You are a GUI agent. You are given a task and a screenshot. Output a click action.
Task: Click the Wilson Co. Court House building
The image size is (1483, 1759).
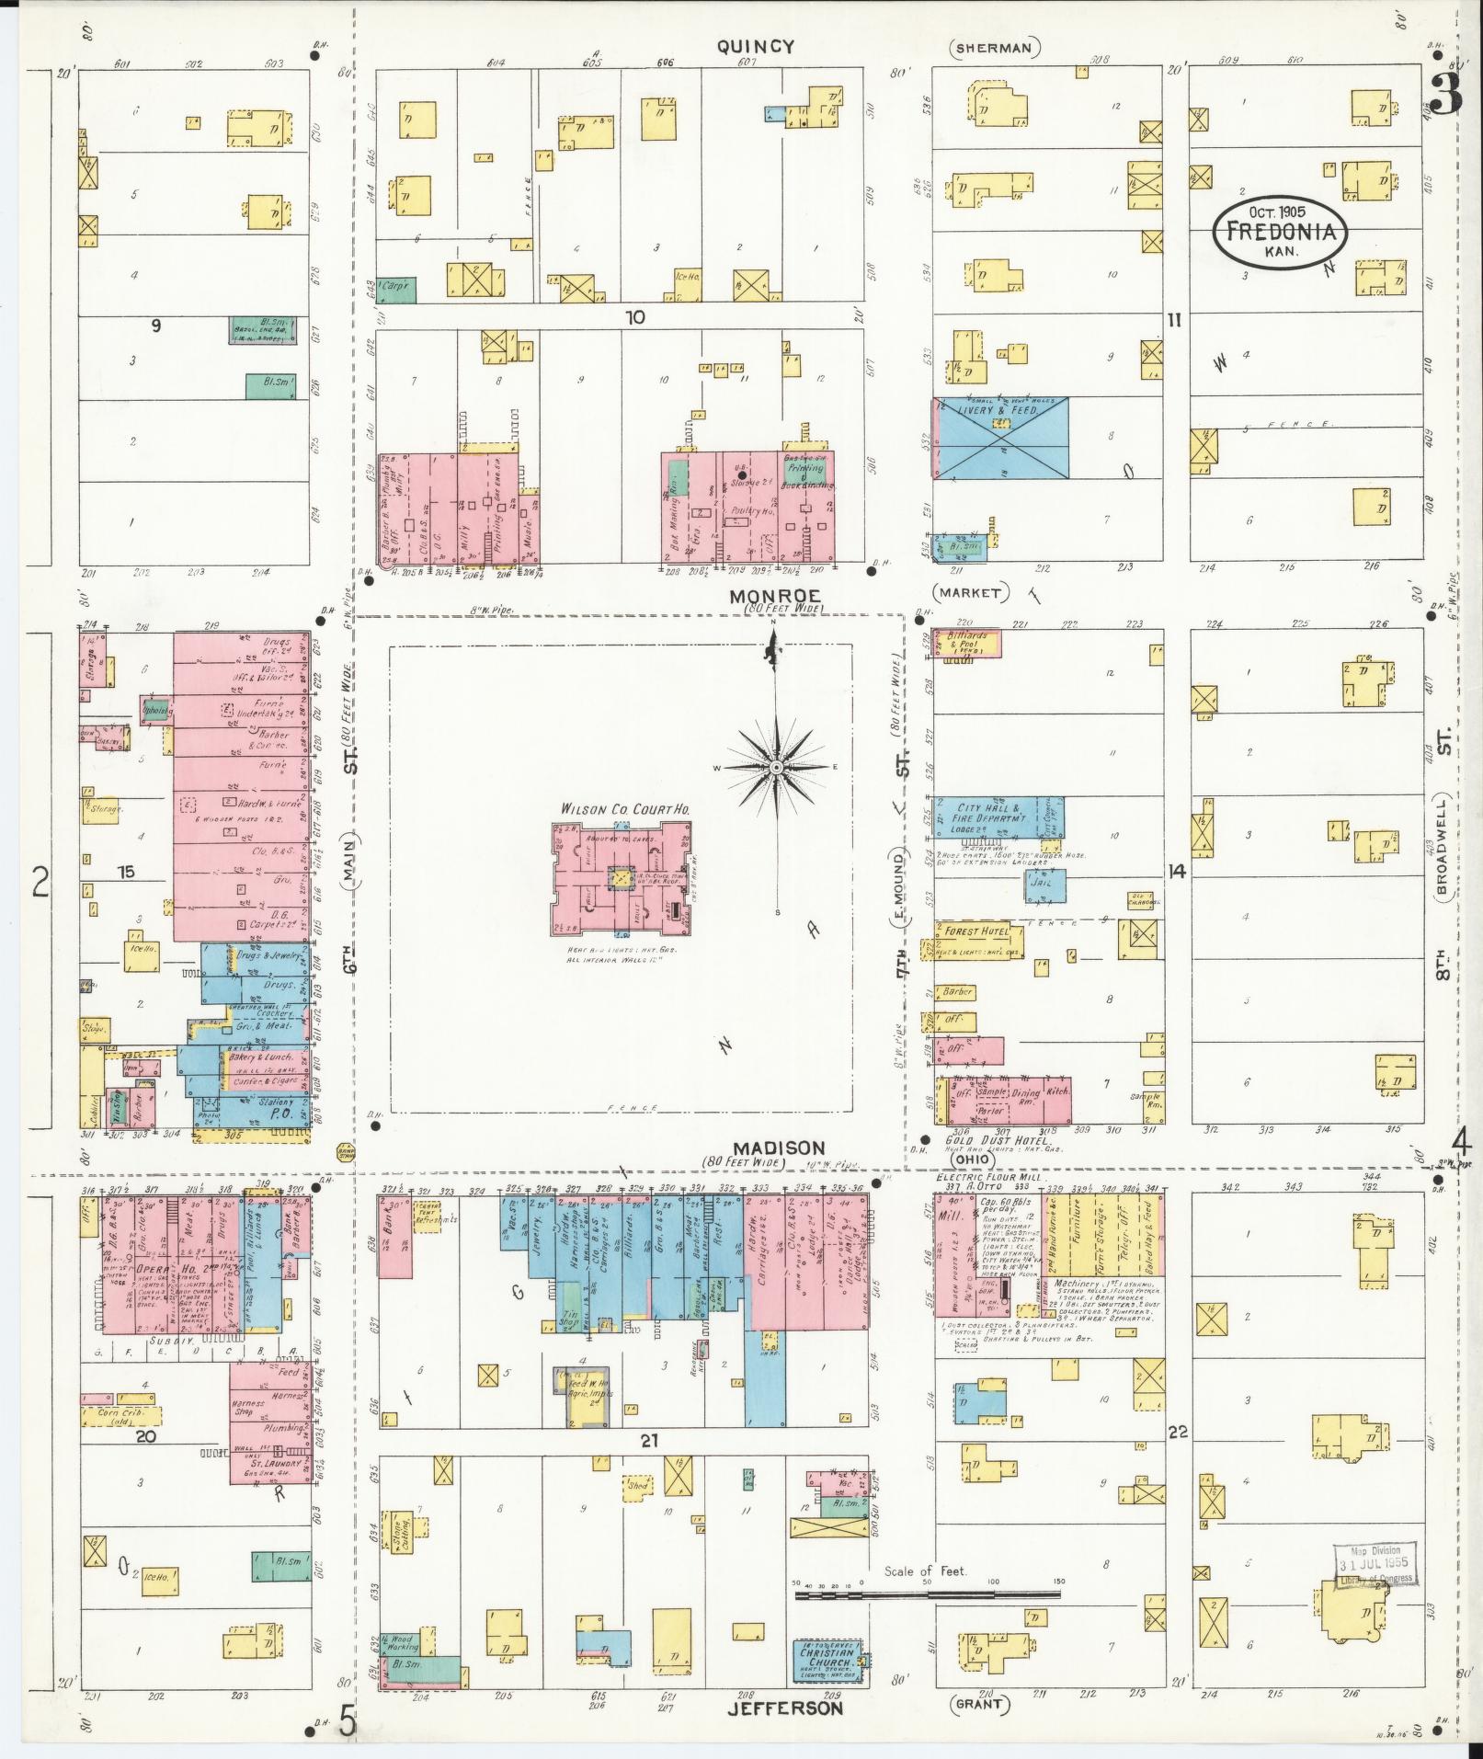pyautogui.click(x=622, y=877)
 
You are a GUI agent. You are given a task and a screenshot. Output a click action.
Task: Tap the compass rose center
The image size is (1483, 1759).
pyautogui.click(x=776, y=766)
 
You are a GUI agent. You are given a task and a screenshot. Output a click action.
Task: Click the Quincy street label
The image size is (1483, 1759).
pyautogui.click(x=755, y=47)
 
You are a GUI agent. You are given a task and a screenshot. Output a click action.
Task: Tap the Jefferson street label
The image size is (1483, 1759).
pyautogui.click(x=784, y=1708)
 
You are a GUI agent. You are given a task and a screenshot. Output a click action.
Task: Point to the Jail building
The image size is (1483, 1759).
pyautogui.click(x=1045, y=885)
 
